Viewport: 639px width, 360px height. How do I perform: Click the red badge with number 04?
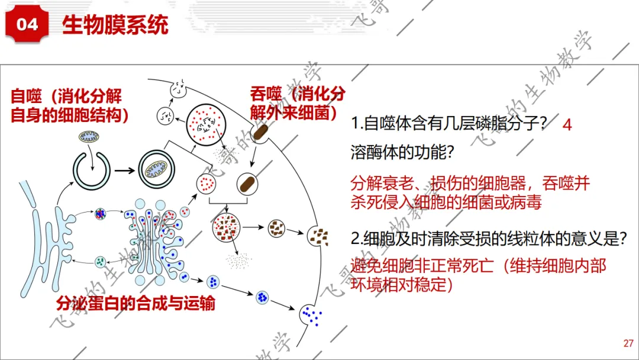coord(27,25)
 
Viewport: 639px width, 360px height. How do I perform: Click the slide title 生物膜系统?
coord(115,25)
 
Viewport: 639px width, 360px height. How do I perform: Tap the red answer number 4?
coord(567,124)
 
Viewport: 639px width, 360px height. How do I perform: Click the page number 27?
coord(628,343)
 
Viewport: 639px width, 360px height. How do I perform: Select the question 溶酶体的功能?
coord(402,153)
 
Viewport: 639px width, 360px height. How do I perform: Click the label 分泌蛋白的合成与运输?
coord(135,303)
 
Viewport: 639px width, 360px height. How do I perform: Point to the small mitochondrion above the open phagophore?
coord(89,136)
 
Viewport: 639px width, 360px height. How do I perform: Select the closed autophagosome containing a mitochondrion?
coord(156,169)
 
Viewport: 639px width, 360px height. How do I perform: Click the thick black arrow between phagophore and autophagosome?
coord(124,171)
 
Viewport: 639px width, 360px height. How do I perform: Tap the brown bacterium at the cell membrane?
coord(260,133)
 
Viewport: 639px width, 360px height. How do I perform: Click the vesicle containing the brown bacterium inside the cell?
coord(247,184)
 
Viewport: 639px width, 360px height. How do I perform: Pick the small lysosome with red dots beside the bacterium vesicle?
coord(206,184)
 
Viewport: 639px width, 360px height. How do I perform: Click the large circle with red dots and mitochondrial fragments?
coord(206,124)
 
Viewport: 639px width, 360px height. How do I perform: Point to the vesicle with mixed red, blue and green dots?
coord(100,213)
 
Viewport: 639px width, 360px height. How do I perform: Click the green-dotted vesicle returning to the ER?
coord(100,262)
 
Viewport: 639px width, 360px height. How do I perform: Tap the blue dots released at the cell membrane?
coord(312,316)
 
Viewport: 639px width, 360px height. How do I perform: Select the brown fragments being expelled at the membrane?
coord(319,237)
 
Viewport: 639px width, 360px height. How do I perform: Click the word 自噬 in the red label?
coord(26,97)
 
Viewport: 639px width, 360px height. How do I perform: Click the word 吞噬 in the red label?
coord(266,94)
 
